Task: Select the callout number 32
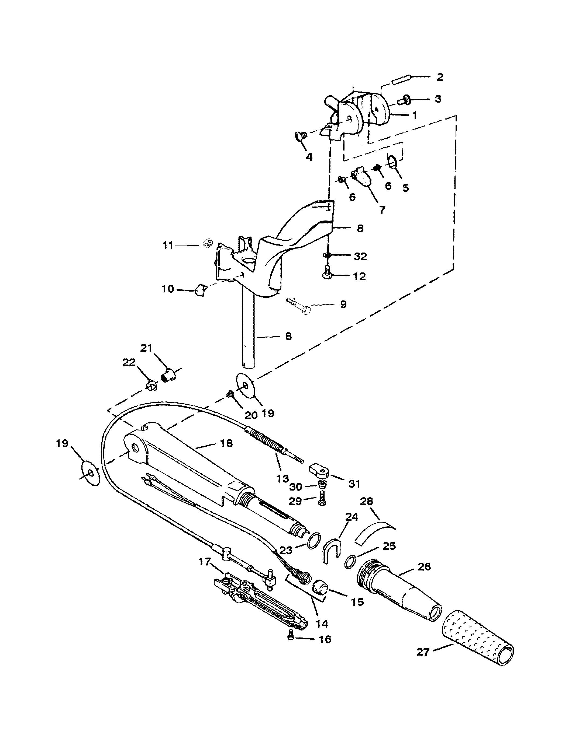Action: tap(360, 256)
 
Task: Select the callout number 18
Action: tap(226, 443)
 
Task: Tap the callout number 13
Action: tap(282, 478)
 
